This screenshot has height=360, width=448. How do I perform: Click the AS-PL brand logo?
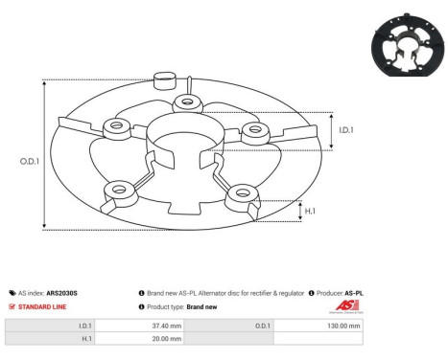click(342, 306)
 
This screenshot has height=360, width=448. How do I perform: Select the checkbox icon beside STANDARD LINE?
click(11, 306)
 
